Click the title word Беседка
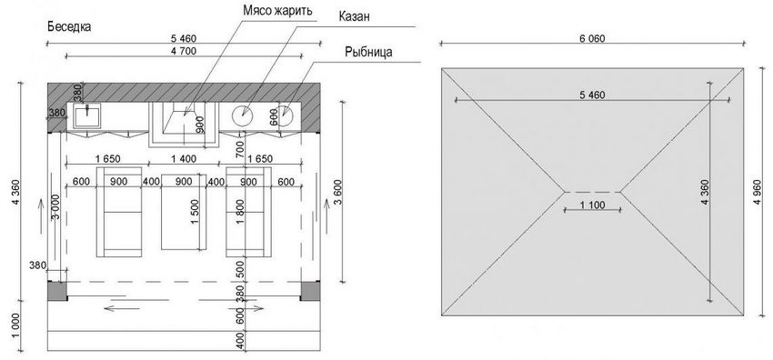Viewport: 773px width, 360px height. [67, 27]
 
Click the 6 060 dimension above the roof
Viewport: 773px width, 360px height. [590, 39]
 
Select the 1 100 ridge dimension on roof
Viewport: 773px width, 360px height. [592, 208]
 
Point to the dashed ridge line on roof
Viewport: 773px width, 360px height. [591, 192]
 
